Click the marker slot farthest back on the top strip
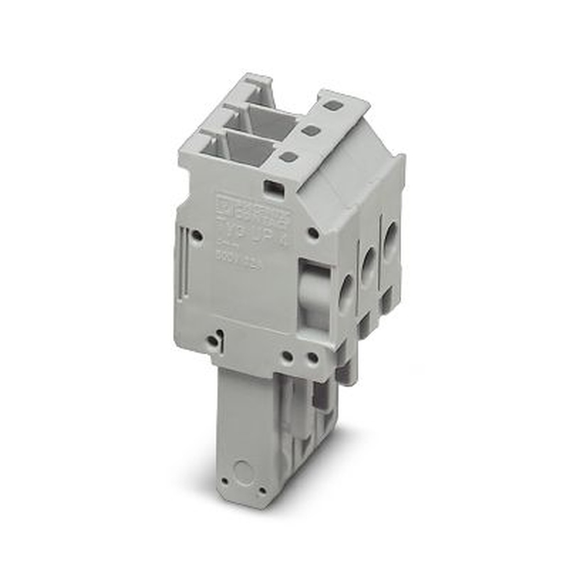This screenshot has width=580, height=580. coord(332,106)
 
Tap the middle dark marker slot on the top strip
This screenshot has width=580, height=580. coord(311,130)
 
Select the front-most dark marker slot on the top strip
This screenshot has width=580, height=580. coord(288,156)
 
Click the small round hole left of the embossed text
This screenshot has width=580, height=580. coord(197,235)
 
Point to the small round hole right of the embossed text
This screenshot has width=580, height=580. coord(313,233)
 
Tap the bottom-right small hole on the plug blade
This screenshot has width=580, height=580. coord(262,490)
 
